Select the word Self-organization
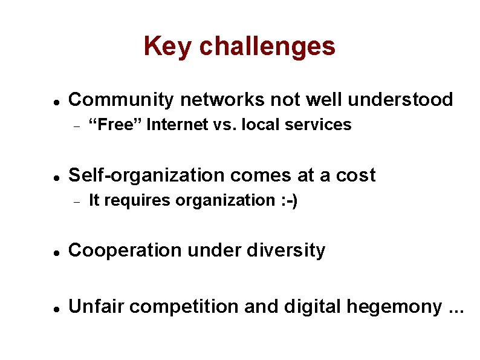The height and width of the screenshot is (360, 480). [x=148, y=175]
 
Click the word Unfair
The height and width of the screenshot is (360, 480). [x=97, y=307]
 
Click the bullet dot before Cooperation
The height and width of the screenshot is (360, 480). [x=56, y=252]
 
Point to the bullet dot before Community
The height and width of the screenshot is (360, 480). [x=56, y=101]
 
